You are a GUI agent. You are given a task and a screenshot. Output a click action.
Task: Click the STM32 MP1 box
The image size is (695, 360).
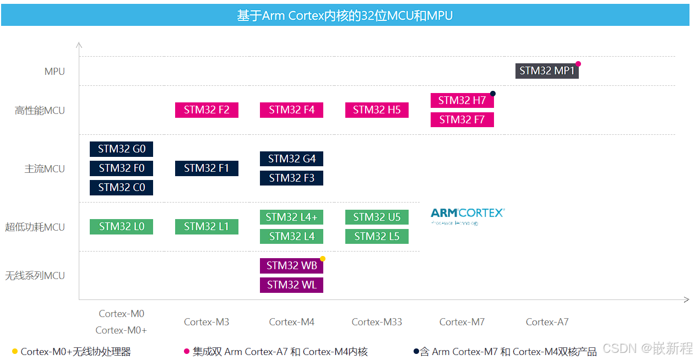point(547,71)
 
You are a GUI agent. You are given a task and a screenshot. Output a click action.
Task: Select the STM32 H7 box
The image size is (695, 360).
point(462,101)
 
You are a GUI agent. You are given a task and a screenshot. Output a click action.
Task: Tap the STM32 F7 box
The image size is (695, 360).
point(462,119)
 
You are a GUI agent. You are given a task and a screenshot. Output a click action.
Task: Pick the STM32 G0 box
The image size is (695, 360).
point(121,149)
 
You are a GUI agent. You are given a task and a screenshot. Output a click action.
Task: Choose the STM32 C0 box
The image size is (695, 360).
point(121,188)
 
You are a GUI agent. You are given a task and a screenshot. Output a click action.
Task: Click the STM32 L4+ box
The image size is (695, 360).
point(291,217)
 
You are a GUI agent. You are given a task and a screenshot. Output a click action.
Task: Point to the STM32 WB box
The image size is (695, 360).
point(291,266)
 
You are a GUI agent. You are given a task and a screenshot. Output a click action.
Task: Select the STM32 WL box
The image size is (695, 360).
point(291,285)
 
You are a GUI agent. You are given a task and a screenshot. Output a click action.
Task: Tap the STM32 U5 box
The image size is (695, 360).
point(377,217)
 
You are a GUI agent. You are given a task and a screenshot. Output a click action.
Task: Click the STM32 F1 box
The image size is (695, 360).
point(207,168)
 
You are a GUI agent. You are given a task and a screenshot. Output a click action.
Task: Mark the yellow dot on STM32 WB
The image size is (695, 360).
point(323,259)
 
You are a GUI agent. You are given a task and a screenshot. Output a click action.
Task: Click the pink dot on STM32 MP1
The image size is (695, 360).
point(578,64)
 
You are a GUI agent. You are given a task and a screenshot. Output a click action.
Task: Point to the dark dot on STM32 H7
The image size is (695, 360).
point(493,94)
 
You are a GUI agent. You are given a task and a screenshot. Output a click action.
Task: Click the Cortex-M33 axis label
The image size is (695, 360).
point(377,322)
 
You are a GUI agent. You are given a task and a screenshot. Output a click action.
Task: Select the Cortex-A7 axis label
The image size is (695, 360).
point(547,322)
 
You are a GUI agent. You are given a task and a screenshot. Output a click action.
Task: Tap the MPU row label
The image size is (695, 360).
point(55,72)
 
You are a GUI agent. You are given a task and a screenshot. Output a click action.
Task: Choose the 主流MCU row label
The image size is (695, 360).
point(45,169)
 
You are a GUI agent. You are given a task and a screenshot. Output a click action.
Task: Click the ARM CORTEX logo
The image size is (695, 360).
point(468,215)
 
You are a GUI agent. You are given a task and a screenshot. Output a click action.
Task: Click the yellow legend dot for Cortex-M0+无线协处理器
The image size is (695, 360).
point(15,351)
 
